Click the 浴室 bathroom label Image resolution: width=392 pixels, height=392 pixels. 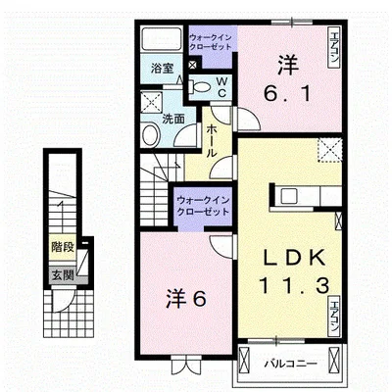click(x=162, y=69)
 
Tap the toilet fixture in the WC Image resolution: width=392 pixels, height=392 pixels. click(x=200, y=87)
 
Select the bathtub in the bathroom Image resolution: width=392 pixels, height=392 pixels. click(x=162, y=39)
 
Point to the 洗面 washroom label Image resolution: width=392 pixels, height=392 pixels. click(x=173, y=120)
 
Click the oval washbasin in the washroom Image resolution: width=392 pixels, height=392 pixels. click(x=151, y=135)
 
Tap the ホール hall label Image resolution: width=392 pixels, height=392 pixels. click(x=212, y=141)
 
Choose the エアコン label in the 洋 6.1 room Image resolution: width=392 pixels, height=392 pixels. click(x=334, y=47)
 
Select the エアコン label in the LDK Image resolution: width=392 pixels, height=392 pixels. click(x=334, y=316)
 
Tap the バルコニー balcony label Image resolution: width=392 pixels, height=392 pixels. click(x=290, y=364)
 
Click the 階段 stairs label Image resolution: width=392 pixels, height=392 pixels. click(x=63, y=247)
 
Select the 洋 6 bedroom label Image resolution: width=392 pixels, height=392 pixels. click(x=186, y=298)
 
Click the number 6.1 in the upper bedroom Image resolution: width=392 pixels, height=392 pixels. click(x=287, y=94)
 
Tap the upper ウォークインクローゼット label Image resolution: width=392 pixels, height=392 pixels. click(x=211, y=42)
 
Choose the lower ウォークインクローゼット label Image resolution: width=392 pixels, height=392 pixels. click(x=203, y=206)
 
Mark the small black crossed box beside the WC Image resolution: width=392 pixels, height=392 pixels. click(x=193, y=65)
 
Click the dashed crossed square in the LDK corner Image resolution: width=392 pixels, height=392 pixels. click(x=330, y=150)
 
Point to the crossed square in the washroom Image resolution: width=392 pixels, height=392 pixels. click(x=152, y=102)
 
